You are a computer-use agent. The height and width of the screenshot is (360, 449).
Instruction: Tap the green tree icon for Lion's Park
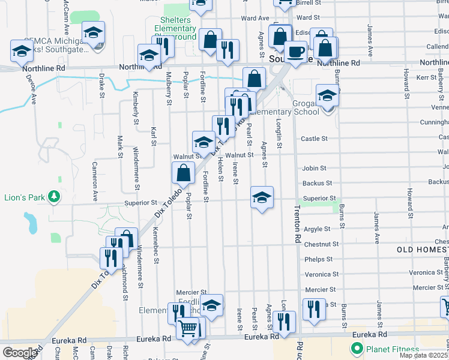pyautogui.click(x=55, y=197)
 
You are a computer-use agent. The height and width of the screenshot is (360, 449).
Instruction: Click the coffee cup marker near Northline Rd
pyautogui.click(x=295, y=52)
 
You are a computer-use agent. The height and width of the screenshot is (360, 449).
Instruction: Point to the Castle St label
pyautogui.click(x=314, y=139)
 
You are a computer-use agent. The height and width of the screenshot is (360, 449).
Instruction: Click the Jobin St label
pyautogui.click(x=314, y=169)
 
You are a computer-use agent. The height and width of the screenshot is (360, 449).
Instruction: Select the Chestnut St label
pyautogui.click(x=322, y=244)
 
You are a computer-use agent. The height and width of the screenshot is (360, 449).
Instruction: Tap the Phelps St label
pyautogui.click(x=318, y=259)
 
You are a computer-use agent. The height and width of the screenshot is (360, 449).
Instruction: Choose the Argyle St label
pyautogui.click(x=318, y=229)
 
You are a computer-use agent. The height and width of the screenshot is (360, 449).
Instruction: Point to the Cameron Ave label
pyautogui.click(x=95, y=181)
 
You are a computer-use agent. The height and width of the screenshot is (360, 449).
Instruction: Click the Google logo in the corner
pyautogui.click(x=19, y=352)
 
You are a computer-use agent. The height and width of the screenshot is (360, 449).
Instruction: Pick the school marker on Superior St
pyautogui.click(x=262, y=197)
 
